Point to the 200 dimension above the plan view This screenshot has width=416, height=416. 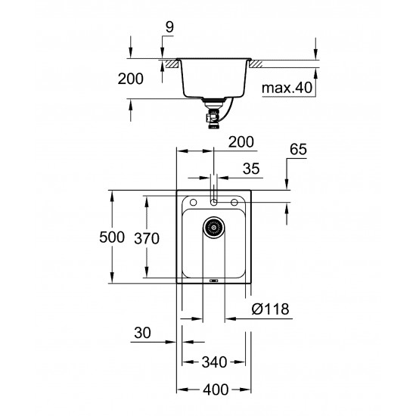(241, 141)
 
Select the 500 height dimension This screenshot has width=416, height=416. (112, 237)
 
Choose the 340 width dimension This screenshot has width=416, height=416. (216, 362)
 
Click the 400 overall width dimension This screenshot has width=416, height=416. (216, 390)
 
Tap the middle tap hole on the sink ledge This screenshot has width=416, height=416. (215, 202)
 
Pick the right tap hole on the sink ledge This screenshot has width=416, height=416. (236, 202)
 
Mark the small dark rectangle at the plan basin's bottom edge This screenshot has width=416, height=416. (214, 281)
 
